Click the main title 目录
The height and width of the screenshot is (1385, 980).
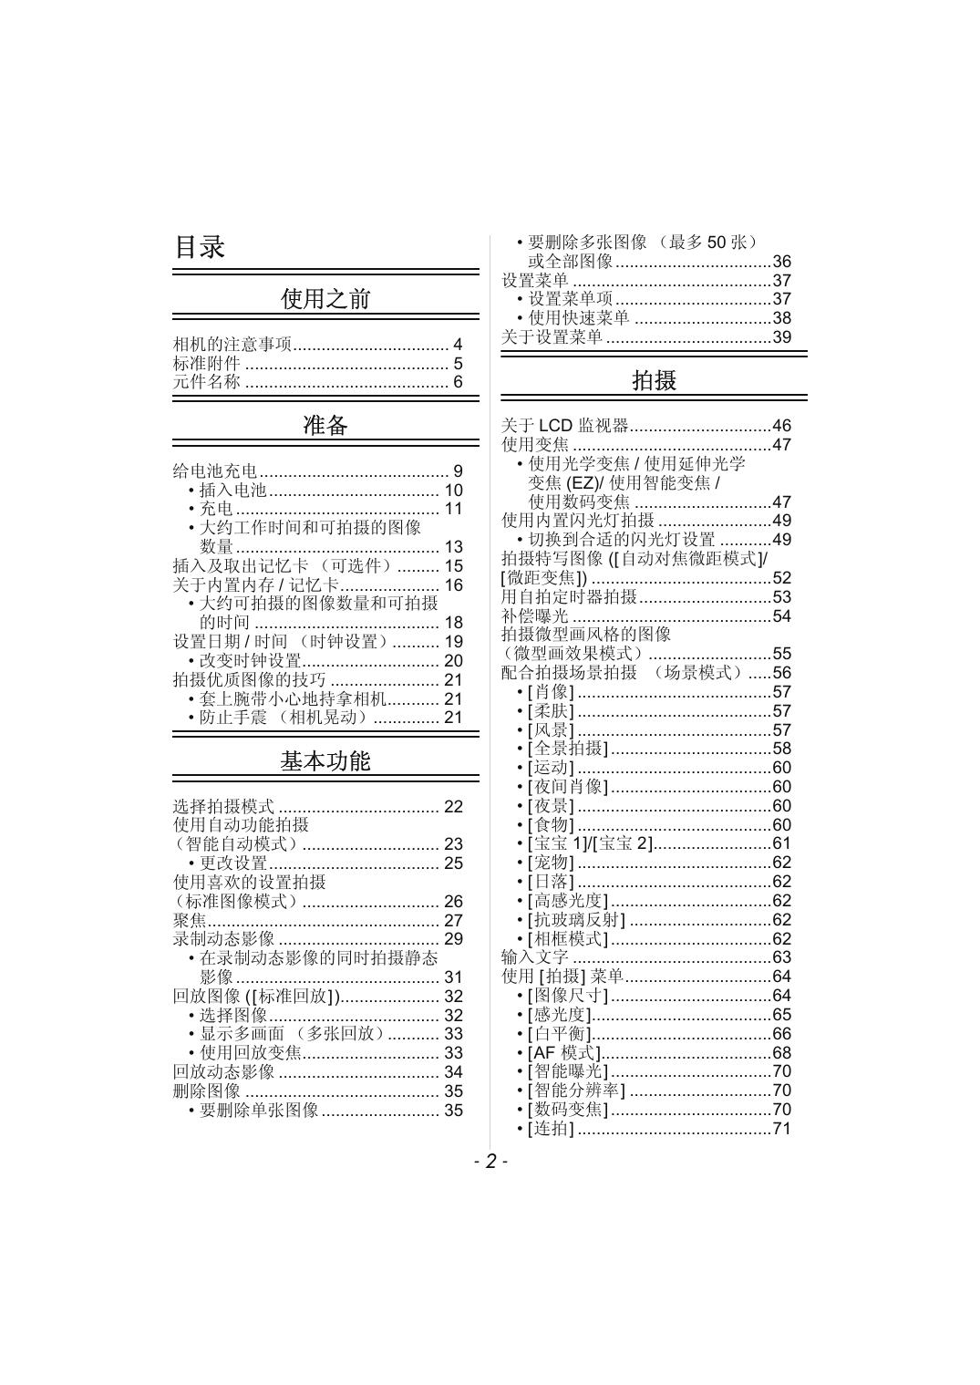click(x=200, y=247)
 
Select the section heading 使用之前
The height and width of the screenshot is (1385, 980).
click(x=325, y=299)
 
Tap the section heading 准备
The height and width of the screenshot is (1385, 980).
click(x=325, y=425)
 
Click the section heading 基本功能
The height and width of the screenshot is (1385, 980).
click(x=325, y=761)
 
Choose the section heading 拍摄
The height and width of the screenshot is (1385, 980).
click(x=654, y=380)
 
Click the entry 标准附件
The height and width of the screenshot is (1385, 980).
click(x=207, y=363)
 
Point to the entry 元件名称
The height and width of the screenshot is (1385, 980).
click(x=207, y=382)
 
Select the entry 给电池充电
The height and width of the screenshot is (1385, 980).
click(x=215, y=471)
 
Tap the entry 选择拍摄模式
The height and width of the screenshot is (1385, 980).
click(x=223, y=806)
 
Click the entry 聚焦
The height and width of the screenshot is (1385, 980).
click(x=190, y=920)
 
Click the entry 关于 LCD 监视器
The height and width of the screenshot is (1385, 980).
click(x=565, y=426)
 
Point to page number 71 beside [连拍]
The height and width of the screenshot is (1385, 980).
click(x=781, y=1129)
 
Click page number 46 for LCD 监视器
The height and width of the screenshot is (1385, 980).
click(x=781, y=426)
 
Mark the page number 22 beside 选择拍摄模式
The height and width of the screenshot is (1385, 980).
click(x=453, y=806)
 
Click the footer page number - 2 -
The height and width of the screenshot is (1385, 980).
click(x=490, y=1161)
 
